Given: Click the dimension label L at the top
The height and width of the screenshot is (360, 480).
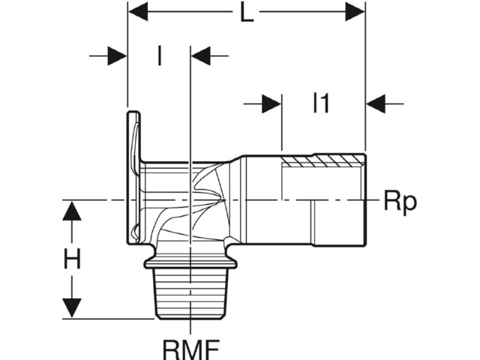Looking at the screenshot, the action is [247, 13].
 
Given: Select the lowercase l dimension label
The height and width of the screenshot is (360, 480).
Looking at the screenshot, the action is [159, 55].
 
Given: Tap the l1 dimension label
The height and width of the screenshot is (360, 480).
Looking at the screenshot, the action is [321, 103].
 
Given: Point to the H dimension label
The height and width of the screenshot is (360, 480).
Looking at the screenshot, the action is [72, 259].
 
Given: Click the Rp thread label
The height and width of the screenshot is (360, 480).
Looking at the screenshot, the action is [400, 202].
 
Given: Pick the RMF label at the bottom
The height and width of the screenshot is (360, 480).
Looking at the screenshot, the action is [190, 349].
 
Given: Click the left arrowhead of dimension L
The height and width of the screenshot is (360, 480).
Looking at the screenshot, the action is [138, 12].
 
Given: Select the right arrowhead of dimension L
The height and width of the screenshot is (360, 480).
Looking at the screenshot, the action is [355, 12].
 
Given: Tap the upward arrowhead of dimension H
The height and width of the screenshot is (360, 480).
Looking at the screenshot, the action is [72, 211].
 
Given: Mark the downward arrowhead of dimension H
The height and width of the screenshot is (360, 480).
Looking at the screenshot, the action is [72, 308].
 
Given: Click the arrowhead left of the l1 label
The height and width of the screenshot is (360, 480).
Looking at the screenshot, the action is [271, 103].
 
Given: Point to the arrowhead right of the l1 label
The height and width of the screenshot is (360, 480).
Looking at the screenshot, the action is [376, 103].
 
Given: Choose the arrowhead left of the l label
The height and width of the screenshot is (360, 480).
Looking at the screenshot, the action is [118, 56].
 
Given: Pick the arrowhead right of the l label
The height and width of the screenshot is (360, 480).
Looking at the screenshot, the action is [201, 56].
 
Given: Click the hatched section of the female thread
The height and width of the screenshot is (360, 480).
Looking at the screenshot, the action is [323, 160].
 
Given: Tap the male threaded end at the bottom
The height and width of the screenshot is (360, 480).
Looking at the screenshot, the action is [190, 293].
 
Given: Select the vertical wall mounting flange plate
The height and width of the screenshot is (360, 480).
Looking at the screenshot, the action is [133, 178].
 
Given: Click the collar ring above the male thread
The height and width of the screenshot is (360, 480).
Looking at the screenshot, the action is [190, 263].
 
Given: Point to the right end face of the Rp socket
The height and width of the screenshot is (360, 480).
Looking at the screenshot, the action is [364, 199].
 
